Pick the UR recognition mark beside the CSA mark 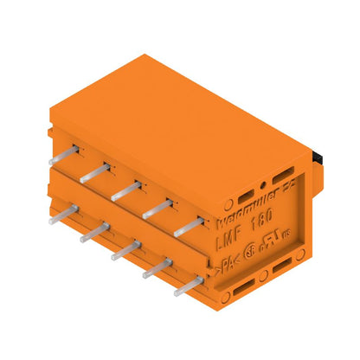click(275, 246)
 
